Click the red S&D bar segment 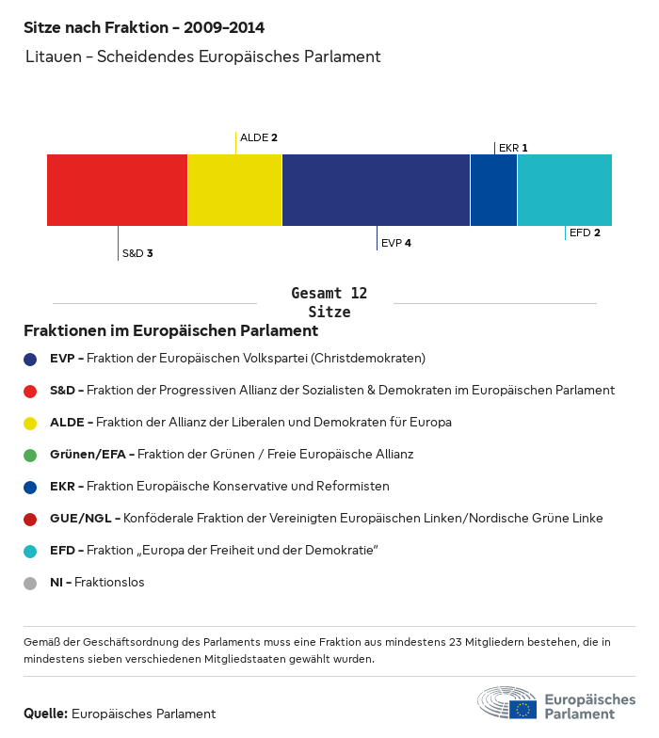pyautogui.click(x=117, y=190)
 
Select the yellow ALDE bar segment pyautogui.click(x=234, y=190)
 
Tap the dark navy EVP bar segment pyautogui.click(x=376, y=190)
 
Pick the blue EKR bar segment pyautogui.click(x=493, y=190)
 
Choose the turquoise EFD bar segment pyautogui.click(x=564, y=190)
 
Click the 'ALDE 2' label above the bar pyautogui.click(x=259, y=137)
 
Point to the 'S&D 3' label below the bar pyautogui.click(x=137, y=253)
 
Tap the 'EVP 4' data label pyautogui.click(x=396, y=243)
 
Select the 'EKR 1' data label pyautogui.click(x=513, y=148)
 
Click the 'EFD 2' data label pyautogui.click(x=585, y=233)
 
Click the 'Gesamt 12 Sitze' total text pyautogui.click(x=329, y=303)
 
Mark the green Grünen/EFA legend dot pyautogui.click(x=30, y=455)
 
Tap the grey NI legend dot pyautogui.click(x=30, y=583)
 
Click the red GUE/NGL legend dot pyautogui.click(x=30, y=519)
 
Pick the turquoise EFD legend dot pyautogui.click(x=30, y=551)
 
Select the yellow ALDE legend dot pyautogui.click(x=30, y=423)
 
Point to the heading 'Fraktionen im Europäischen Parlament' pyautogui.click(x=170, y=331)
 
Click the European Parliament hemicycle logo pyautogui.click(x=506, y=703)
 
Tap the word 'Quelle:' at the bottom pyautogui.click(x=45, y=714)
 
